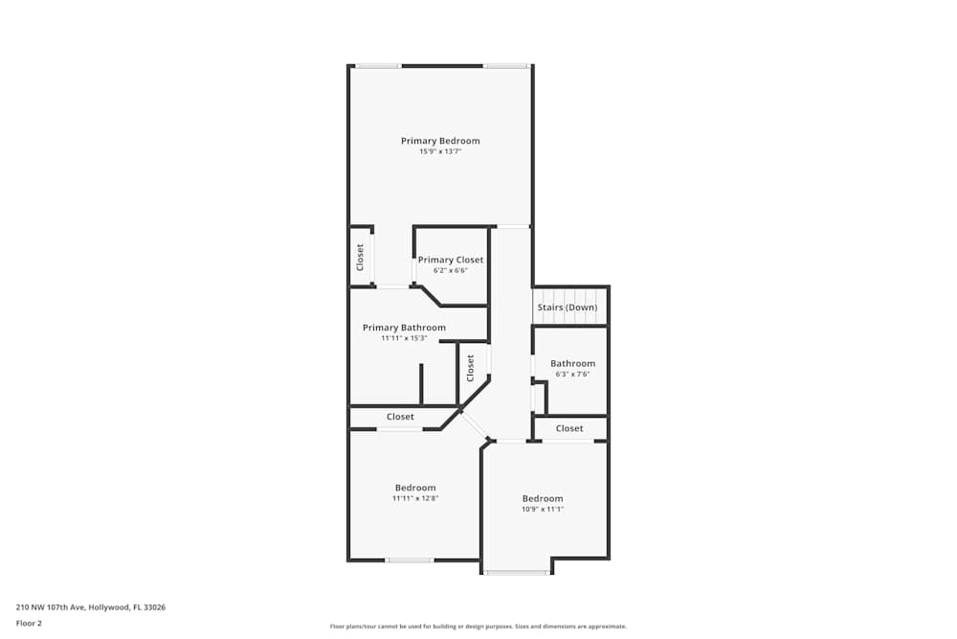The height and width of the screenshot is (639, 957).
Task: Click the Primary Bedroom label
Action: pos(440,141)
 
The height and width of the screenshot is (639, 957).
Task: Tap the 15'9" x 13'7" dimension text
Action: pos(440,151)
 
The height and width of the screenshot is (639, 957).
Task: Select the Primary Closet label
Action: pos(451,260)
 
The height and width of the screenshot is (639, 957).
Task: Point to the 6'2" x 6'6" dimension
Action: pos(451,270)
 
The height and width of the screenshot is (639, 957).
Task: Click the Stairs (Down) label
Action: pos(568,308)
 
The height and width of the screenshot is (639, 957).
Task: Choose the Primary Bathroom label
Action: pos(404,328)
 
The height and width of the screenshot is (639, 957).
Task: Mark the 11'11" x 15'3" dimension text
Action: pos(404,338)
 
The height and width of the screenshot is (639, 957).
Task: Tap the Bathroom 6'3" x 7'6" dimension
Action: pos(572,374)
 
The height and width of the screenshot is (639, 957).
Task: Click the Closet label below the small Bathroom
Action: pos(569,428)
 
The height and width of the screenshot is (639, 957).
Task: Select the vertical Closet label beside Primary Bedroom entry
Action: pos(361,257)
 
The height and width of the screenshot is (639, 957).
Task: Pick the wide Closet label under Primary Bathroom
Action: pos(400,417)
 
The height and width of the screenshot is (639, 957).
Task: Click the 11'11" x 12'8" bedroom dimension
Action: pos(415,498)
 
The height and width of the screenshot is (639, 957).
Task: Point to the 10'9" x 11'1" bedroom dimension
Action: pos(543,509)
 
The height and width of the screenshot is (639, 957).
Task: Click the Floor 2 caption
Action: pos(29,623)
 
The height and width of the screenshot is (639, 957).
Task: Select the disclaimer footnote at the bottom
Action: pos(478,627)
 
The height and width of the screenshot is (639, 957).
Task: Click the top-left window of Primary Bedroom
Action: pos(378,66)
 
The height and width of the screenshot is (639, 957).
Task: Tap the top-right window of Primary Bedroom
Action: pos(505,66)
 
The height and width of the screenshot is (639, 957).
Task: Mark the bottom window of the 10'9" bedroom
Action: pos(517,573)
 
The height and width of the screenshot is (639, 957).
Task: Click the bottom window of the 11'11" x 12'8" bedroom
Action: pos(410,559)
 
